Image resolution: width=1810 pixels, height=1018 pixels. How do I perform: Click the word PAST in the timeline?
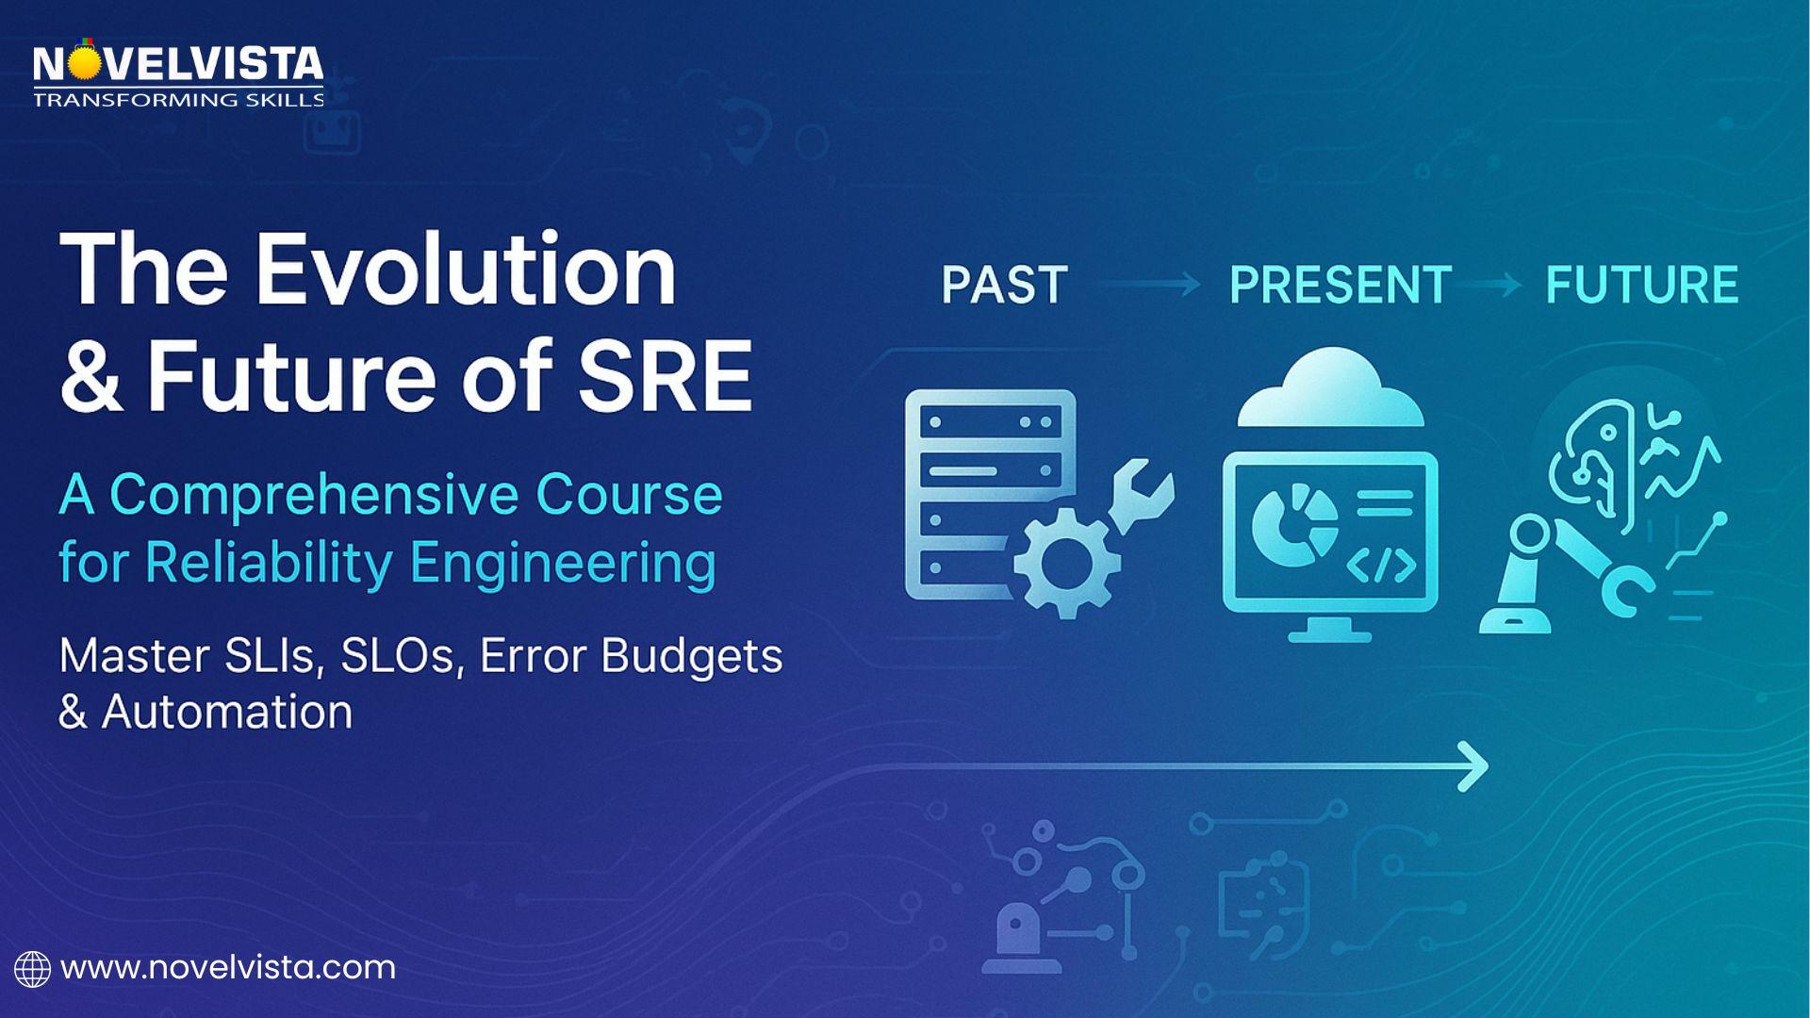point(1004,285)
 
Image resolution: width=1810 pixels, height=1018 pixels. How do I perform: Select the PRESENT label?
point(1341,285)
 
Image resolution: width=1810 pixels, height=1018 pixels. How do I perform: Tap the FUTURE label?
point(1642,285)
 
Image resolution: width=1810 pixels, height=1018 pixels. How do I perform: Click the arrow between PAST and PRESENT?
point(1148,284)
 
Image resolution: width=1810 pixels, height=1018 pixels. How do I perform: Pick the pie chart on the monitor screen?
point(1293,525)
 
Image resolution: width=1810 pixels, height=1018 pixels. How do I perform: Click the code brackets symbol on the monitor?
point(1381,565)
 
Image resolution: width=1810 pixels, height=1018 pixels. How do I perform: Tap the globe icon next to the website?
point(32,969)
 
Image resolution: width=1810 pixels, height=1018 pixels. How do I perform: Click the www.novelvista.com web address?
point(228,968)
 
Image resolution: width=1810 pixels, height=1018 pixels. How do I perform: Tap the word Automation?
point(227,711)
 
